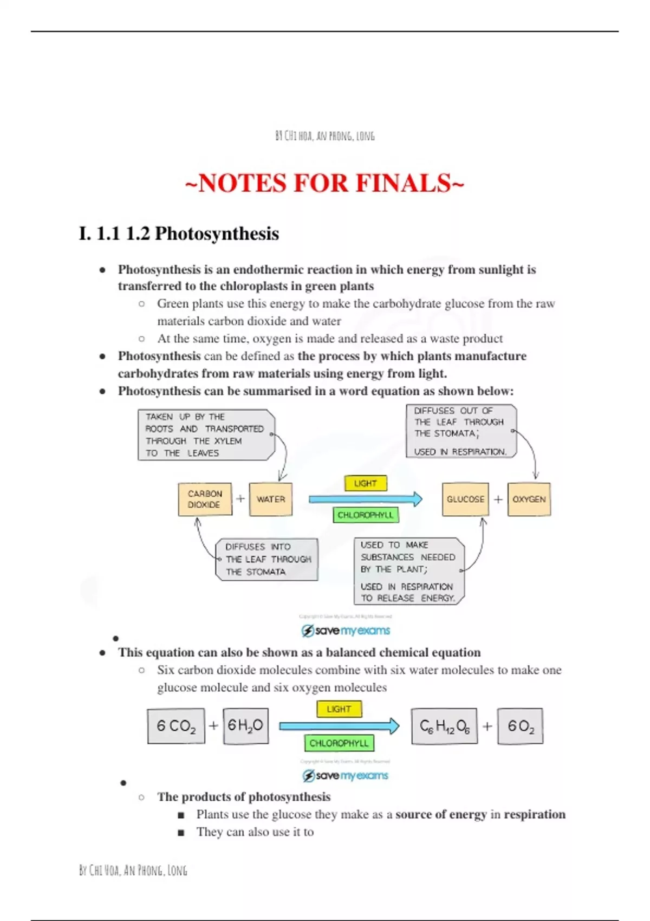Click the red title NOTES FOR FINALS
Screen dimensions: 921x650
[x=324, y=183]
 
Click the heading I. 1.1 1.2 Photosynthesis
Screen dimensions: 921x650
[x=179, y=234]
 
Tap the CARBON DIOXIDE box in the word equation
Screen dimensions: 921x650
[x=205, y=499]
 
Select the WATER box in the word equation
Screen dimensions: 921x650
[x=271, y=499]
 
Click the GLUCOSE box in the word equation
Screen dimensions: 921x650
[x=465, y=499]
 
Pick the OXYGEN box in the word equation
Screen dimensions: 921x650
[x=529, y=499]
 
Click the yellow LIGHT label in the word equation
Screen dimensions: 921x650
[x=366, y=483]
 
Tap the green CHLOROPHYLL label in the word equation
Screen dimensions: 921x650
[x=366, y=515]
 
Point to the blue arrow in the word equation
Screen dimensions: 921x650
[x=365, y=499]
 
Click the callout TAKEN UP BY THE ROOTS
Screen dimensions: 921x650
[x=206, y=435]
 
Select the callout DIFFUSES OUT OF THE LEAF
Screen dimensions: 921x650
[x=460, y=431]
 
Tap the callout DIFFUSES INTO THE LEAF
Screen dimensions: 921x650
[x=267, y=559]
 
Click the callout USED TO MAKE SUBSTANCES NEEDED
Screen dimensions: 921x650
[x=408, y=571]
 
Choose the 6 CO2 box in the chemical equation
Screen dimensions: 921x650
[x=176, y=726]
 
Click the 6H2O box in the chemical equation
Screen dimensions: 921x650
[x=245, y=725]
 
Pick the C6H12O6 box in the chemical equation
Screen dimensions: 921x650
[x=444, y=726]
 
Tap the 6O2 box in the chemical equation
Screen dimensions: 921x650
[x=520, y=726]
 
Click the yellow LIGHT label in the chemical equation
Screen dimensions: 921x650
[x=339, y=709]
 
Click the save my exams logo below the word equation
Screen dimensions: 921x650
[x=346, y=631]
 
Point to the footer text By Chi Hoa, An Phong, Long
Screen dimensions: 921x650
[x=133, y=871]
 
